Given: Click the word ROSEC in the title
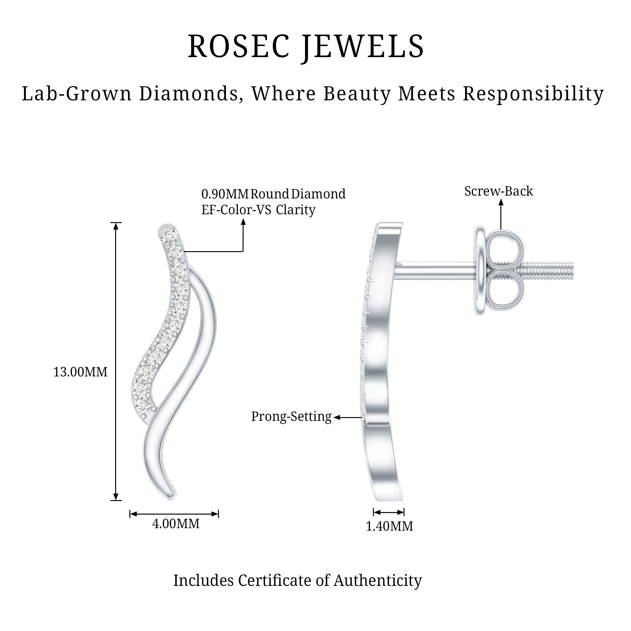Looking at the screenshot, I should [x=239, y=47].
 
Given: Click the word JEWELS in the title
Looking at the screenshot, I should [x=363, y=47].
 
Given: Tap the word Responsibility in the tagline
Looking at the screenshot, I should [x=533, y=94].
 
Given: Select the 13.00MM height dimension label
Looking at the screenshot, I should [x=80, y=372].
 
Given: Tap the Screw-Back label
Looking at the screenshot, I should [x=498, y=191].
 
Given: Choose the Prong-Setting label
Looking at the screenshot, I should [x=291, y=416].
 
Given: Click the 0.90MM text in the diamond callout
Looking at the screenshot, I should [x=225, y=194].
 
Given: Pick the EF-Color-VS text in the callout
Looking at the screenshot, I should [x=236, y=210].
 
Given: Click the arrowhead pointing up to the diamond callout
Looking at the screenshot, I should [x=243, y=222].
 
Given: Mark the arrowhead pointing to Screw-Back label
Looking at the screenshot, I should [x=501, y=202].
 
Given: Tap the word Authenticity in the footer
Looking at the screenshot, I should [x=378, y=581].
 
